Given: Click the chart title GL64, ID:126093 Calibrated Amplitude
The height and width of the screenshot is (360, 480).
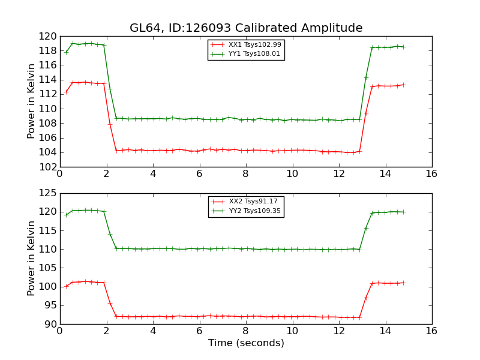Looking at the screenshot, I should tap(246, 28).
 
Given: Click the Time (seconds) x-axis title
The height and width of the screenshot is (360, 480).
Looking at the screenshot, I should tap(246, 343).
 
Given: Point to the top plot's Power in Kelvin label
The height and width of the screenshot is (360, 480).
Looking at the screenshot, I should tap(32, 101).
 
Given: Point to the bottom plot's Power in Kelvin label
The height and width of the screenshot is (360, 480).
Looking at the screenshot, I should tap(32, 259).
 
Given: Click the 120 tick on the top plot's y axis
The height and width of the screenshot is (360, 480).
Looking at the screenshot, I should tap(49, 36).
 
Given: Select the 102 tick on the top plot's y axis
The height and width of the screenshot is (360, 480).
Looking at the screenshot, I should tap(49, 167).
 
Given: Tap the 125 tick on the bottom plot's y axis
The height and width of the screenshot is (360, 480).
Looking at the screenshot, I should tap(49, 193).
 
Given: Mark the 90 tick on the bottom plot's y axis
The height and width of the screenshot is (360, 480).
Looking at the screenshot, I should tap(52, 324).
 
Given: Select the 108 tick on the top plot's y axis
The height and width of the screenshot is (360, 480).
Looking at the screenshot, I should tap(49, 123).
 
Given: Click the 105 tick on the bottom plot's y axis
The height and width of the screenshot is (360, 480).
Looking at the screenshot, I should tap(49, 268).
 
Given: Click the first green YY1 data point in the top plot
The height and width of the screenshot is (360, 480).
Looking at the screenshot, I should tap(66, 52).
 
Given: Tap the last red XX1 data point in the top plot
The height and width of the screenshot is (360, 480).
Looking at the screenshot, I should tap(403, 85).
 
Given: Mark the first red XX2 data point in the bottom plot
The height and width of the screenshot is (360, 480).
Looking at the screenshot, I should tap(66, 286).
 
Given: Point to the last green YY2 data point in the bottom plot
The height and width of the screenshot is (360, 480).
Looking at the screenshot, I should tap(403, 212).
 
